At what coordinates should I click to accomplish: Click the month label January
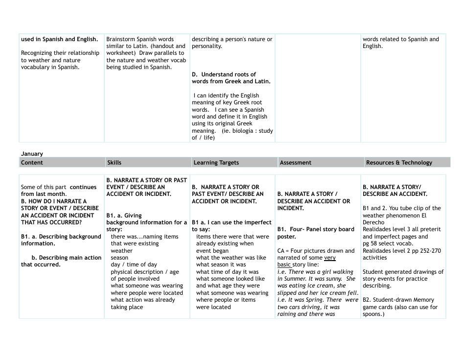[32, 154]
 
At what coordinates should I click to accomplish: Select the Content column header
[32, 163]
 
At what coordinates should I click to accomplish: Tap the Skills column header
[114, 163]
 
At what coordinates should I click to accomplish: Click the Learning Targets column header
[216, 163]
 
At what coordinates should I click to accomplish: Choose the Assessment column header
[295, 163]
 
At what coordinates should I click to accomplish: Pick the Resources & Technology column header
[399, 163]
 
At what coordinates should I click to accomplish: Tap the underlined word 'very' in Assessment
[330, 258]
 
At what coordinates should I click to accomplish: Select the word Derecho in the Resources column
[374, 222]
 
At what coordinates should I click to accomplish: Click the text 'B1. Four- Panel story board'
[316, 229]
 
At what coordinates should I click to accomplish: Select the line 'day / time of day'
[134, 264]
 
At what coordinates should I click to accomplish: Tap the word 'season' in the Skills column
[119, 258]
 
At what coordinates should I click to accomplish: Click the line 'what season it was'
[221, 264]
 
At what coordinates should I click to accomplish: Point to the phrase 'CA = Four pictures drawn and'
[316, 251]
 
